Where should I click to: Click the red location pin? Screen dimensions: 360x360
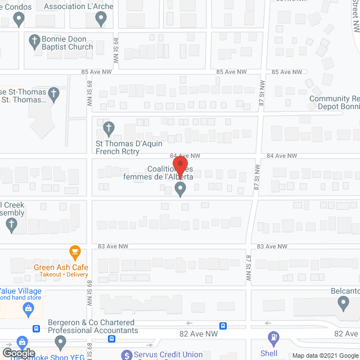[x=180, y=166]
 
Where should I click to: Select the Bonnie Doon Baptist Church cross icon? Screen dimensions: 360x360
[x=34, y=40]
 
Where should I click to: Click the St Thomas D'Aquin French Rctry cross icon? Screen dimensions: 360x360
[x=109, y=128]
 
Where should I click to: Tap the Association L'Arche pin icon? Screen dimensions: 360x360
[x=101, y=20]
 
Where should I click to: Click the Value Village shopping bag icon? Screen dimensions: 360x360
[x=26, y=308]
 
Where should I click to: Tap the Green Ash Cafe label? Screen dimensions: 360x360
[x=61, y=267]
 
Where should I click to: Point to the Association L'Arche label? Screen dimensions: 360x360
[x=87, y=7]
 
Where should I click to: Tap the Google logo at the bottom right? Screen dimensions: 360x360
[x=349, y=355]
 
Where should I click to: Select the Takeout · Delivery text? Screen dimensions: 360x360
[x=61, y=274]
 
